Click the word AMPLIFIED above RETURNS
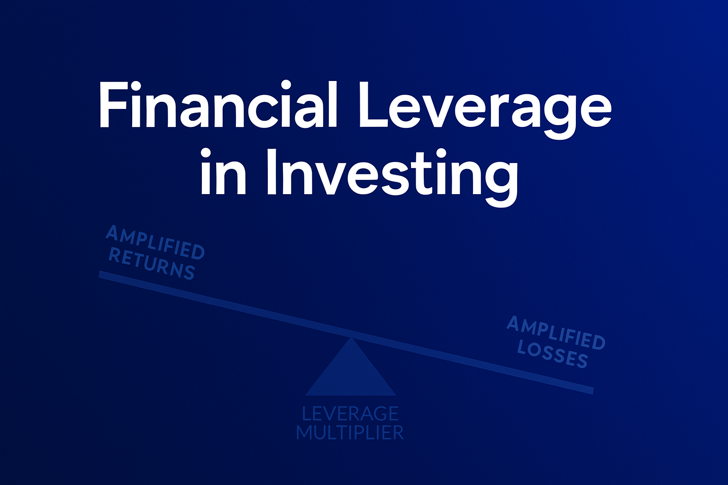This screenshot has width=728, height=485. pos(155,242)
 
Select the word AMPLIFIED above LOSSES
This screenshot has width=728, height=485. pos(556,332)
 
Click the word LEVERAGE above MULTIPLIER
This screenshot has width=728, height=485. pos(350,413)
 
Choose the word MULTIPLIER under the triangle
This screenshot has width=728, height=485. pos(350,432)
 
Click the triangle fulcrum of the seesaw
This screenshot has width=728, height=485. pos(351,374)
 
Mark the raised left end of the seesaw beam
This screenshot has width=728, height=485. pos(100,275)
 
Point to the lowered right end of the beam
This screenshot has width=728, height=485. pos(593,391)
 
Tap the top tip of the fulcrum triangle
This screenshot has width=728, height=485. pos(351,338)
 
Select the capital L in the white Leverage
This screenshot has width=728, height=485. pos(374,105)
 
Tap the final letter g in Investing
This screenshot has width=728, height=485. pos(500,184)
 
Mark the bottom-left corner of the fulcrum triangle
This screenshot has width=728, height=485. pos(305,395)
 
